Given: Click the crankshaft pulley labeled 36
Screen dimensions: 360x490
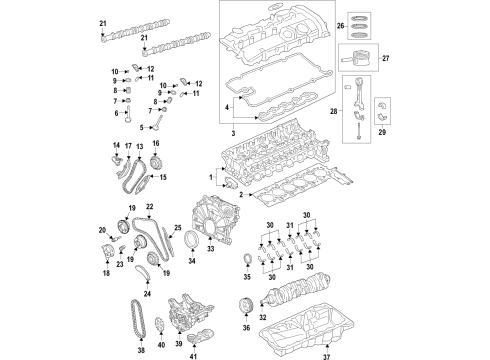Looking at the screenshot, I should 244,304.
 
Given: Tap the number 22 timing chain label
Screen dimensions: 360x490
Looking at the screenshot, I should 149,206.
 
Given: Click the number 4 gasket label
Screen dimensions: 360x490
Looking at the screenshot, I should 227,106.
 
